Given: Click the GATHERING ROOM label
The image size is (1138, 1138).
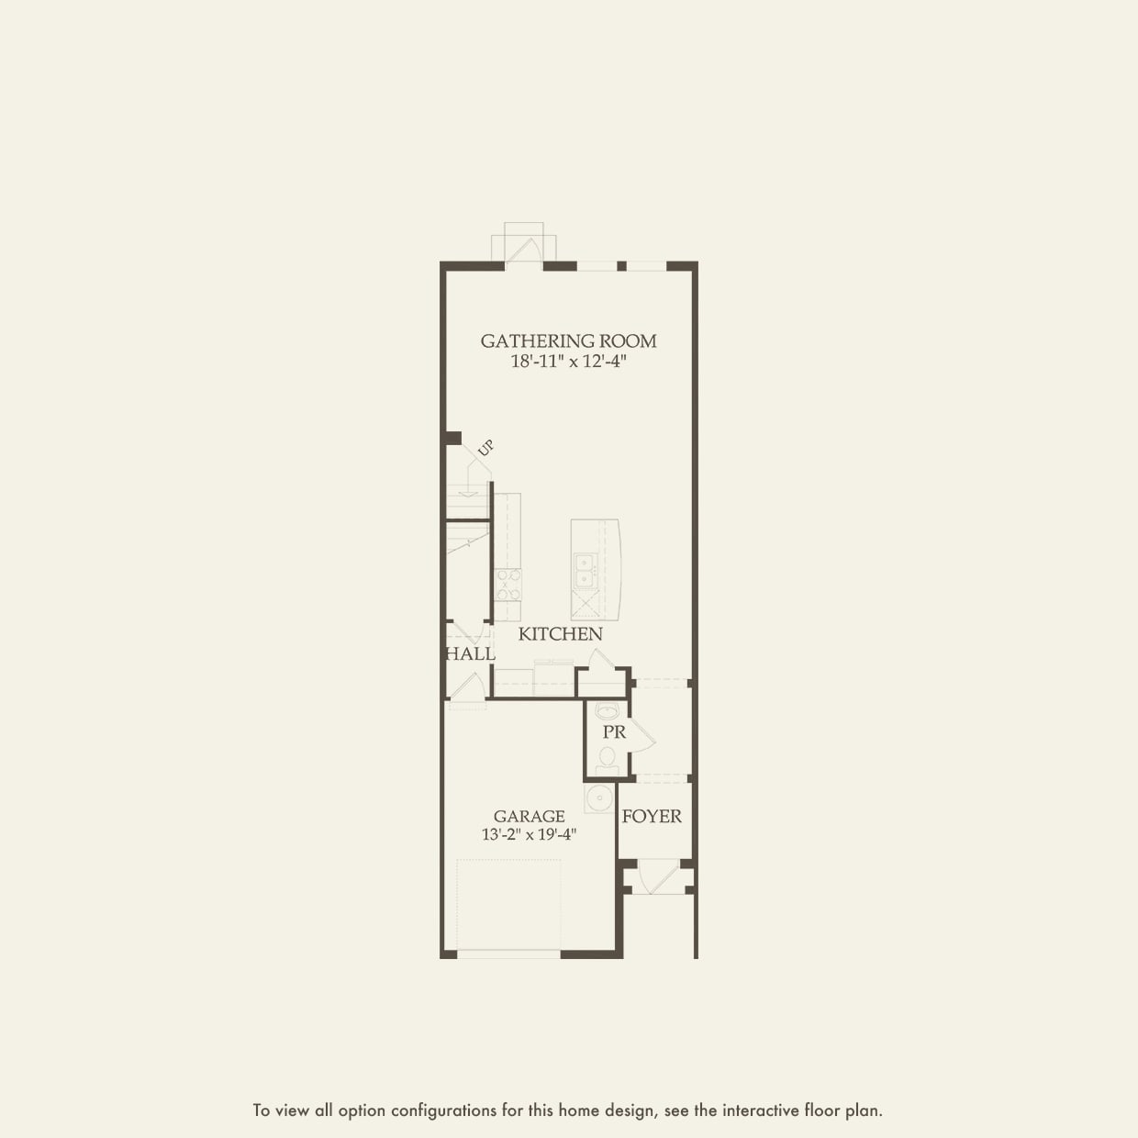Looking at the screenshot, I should coord(568,340).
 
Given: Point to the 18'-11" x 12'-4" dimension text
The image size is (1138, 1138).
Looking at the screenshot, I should coord(568,362).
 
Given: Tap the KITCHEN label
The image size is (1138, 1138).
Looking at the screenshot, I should coord(560,634).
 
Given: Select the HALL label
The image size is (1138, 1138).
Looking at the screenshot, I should coord(471,654).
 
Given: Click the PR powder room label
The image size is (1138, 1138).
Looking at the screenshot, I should coord(614,732).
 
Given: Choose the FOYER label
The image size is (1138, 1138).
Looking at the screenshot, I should coord(652,816).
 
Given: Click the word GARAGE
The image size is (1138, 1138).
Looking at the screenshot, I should coord(529,816).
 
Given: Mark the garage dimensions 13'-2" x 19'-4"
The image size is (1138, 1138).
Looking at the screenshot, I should coord(529,835).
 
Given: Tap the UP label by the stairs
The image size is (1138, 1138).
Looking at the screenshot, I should coord(485,449).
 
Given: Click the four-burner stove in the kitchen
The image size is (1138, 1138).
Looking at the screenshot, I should coord(508,584).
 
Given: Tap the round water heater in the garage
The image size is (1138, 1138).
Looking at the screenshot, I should coord(599,798).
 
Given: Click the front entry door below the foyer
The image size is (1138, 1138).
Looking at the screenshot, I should coord(655,877).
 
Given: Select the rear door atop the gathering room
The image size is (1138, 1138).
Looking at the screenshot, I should coord(524,251).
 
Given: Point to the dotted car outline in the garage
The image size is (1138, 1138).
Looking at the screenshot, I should coord(508,904).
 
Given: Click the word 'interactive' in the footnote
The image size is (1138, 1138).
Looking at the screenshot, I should coord(761,1110).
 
